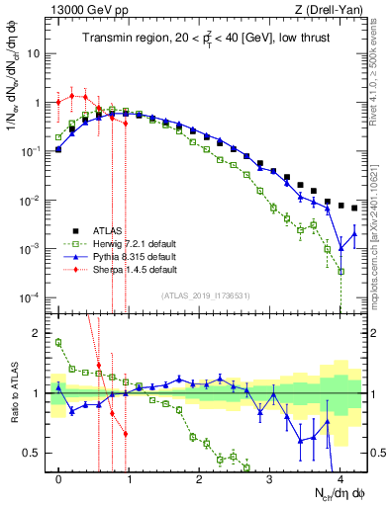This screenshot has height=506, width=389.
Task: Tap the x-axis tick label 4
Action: click(x=340, y=476)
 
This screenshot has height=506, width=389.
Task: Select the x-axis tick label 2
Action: click(x=199, y=476)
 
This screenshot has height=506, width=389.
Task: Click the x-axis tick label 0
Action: click(x=59, y=476)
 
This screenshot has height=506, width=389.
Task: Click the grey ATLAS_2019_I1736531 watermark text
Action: click(x=197, y=295)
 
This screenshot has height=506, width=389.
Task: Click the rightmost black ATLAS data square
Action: click(x=354, y=209)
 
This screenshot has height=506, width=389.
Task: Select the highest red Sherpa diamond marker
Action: click(x=72, y=96)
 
